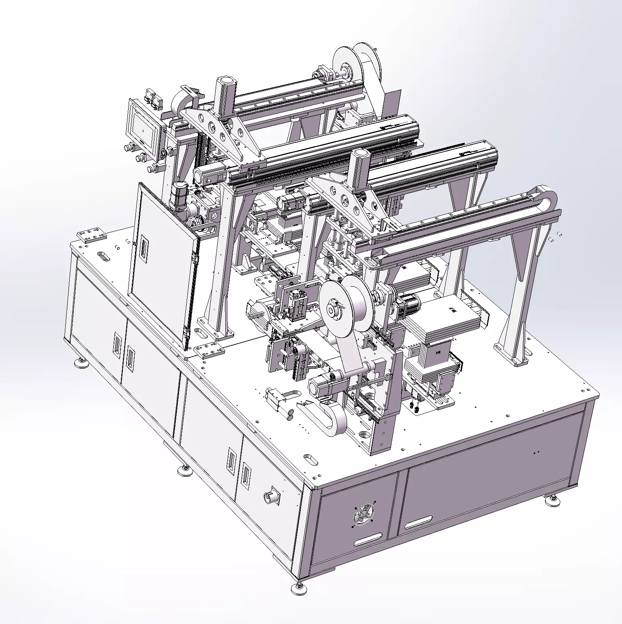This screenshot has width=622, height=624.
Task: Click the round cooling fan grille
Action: pyautogui.click(x=364, y=513)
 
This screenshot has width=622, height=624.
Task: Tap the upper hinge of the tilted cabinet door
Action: pyautogui.click(x=195, y=256)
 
